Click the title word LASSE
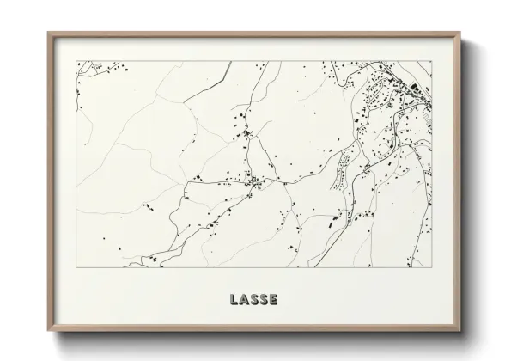(x=253, y=299)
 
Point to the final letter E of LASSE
(x=273, y=299)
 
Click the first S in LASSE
(x=253, y=299)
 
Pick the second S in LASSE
(x=263, y=299)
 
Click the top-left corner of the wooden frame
(x=48, y=33)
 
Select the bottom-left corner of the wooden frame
(x=48, y=332)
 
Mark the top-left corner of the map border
(x=76, y=61)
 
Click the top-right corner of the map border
(x=432, y=61)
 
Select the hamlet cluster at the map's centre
(x=253, y=180)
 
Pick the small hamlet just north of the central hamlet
(x=248, y=134)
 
